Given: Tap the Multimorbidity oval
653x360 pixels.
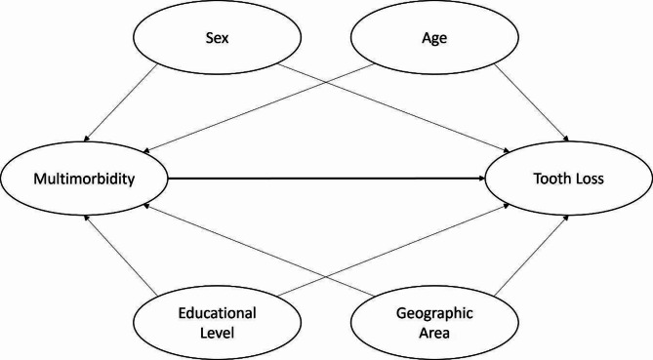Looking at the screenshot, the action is point(85,180).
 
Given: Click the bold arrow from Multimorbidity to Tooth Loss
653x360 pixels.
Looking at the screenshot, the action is point(327,180).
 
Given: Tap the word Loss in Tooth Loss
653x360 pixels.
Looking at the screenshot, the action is point(589,180).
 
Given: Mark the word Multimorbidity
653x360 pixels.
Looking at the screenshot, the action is point(85,180).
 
